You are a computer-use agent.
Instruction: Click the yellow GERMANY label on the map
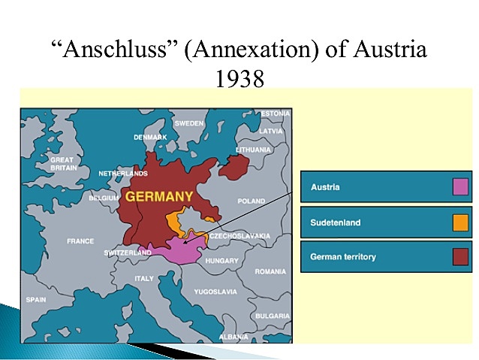click(159, 197)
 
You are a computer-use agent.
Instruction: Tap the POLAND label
click(252, 201)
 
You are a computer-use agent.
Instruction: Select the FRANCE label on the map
click(80, 241)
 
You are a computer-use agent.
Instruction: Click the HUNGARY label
click(223, 261)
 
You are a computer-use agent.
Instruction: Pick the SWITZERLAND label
click(128, 253)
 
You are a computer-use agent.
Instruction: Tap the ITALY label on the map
click(143, 278)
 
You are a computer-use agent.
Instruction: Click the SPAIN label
click(36, 299)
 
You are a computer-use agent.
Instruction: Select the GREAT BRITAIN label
click(62, 164)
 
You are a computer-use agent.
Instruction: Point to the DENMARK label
click(150, 138)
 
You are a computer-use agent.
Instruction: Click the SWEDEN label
click(188, 123)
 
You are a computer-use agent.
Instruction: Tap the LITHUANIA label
click(253, 150)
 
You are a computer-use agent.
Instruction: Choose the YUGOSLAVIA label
click(215, 291)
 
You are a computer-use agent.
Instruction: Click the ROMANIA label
click(270, 271)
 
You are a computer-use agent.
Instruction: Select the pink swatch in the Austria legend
click(460, 187)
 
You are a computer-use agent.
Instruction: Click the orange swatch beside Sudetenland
click(460, 222)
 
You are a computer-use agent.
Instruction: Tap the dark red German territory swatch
click(460, 257)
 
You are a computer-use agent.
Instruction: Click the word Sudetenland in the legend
click(336, 222)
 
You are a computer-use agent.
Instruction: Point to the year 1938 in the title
click(239, 78)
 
